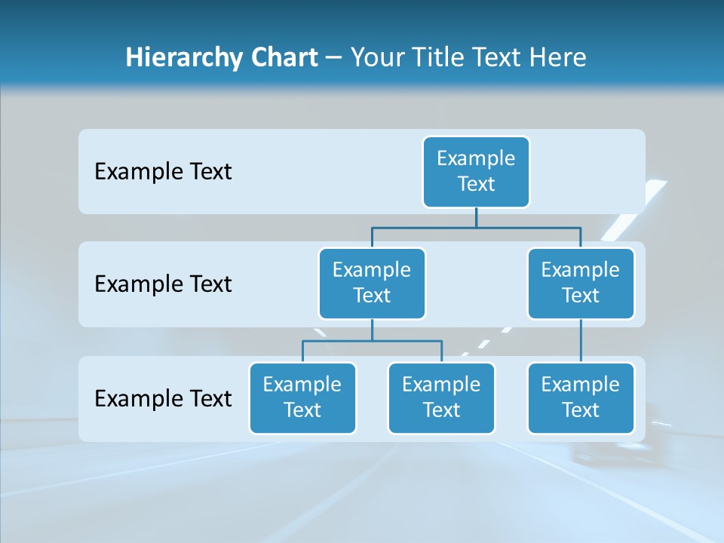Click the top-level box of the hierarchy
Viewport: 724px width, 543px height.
pyautogui.click(x=476, y=172)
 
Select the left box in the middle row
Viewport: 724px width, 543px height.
pyautogui.click(x=372, y=284)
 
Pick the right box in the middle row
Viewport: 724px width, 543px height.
pyautogui.click(x=581, y=284)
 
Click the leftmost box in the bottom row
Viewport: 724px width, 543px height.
pyautogui.click(x=302, y=398)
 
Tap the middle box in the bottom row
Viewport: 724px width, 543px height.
pyautogui.click(x=441, y=398)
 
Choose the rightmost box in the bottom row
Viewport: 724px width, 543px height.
pyautogui.click(x=581, y=398)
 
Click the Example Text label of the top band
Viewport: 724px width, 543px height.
pyautogui.click(x=163, y=172)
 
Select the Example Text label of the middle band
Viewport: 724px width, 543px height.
pyautogui.click(x=163, y=284)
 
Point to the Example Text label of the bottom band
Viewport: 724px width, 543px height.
pyautogui.click(x=163, y=399)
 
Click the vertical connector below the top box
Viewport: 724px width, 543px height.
pyautogui.click(x=476, y=217)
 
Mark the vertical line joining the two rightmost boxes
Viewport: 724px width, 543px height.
pyautogui.click(x=581, y=341)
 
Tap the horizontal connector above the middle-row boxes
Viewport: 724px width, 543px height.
pyautogui.click(x=422, y=226)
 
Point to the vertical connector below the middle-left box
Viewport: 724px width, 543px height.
pyautogui.click(x=372, y=330)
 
